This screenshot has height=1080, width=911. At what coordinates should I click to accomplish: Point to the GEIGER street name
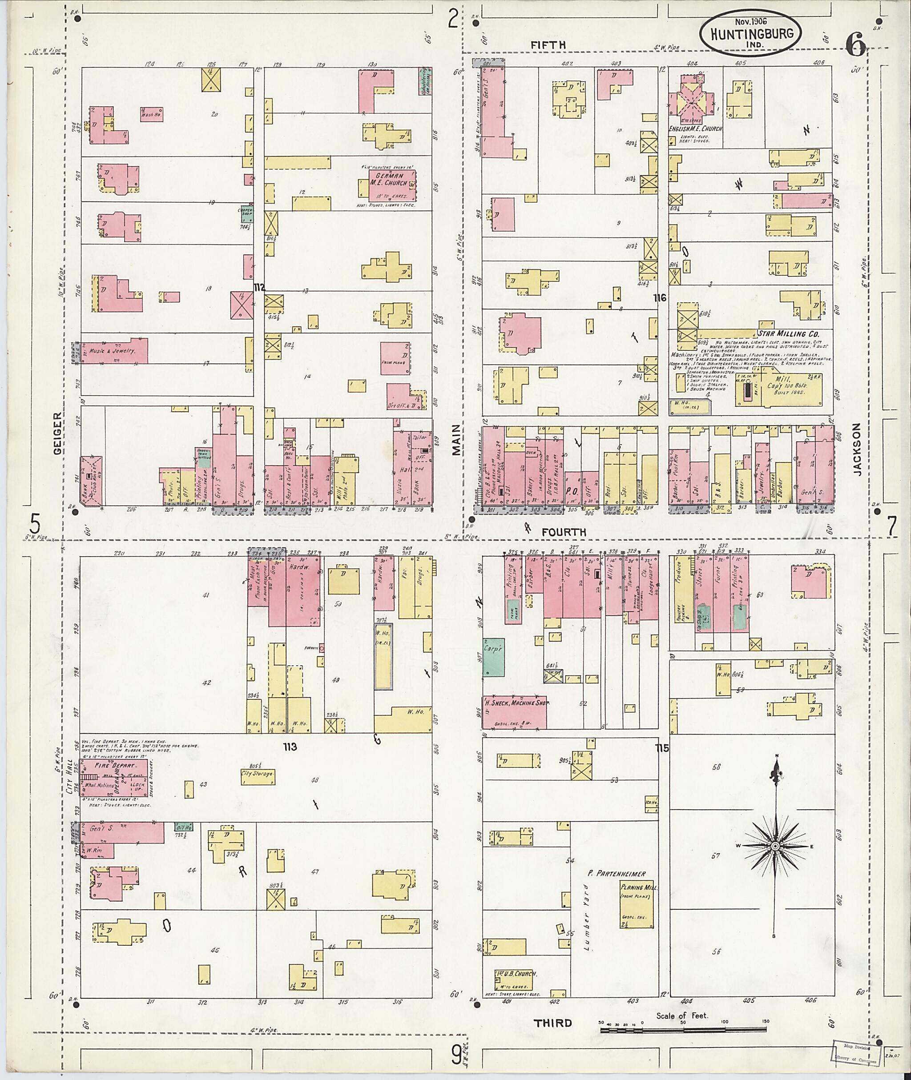tap(57, 433)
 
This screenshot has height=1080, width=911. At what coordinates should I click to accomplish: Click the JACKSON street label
tap(857, 449)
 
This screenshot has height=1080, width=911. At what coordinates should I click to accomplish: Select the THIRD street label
tap(552, 1023)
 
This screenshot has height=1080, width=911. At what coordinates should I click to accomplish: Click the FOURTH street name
tap(564, 532)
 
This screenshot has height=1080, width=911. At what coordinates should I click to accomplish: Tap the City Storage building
tap(257, 777)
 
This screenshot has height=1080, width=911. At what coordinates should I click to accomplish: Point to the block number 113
tap(290, 747)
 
